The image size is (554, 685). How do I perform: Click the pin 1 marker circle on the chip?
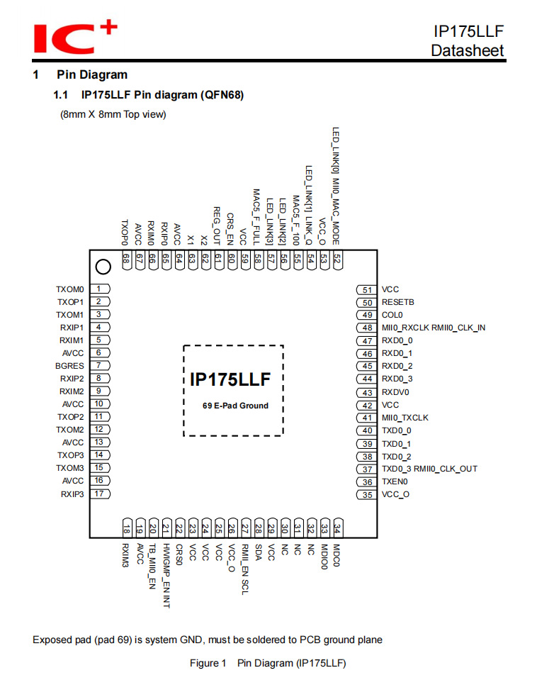click(x=103, y=267)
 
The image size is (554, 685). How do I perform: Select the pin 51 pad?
click(x=367, y=289)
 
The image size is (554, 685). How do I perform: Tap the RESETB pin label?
click(x=397, y=302)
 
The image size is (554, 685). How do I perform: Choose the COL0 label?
click(x=392, y=315)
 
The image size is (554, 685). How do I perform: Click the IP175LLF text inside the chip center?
click(x=230, y=379)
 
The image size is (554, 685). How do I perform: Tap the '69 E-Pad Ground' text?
click(x=235, y=406)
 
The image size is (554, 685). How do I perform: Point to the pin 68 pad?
click(x=126, y=260)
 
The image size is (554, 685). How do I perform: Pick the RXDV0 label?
click(x=395, y=392)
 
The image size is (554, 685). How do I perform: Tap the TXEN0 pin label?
click(x=395, y=481)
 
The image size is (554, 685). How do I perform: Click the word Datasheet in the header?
click(x=467, y=50)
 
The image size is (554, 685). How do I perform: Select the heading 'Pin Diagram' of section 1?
click(x=92, y=74)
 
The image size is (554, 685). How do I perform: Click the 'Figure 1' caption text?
click(x=208, y=664)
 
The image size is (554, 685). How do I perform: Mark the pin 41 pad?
click(x=367, y=418)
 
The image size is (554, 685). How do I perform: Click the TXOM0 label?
click(x=70, y=289)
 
